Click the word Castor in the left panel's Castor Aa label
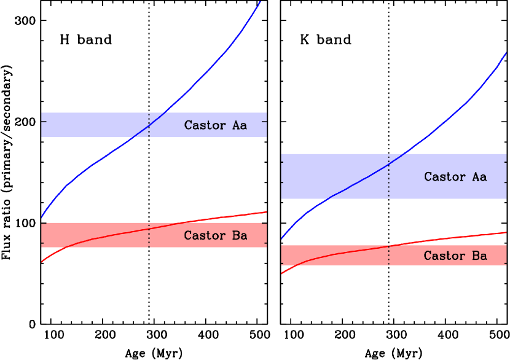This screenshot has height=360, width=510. coord(205,125)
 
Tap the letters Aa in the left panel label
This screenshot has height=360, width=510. coord(239,125)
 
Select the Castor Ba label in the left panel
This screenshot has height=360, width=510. coord(215,236)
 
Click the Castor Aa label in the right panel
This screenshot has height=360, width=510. coord(455,177)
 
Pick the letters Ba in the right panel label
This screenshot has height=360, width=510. coord(479,256)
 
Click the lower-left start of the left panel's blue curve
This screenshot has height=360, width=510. coord(42,217)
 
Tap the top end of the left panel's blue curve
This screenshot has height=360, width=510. coord(261,2)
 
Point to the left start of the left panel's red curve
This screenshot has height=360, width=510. coord(42,262)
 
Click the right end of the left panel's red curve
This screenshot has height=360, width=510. coord(266,212)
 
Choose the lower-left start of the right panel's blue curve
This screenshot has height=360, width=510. coord(282,238)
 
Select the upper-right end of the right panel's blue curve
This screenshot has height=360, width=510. coord(506,53)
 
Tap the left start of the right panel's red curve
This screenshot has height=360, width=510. coord(282,273)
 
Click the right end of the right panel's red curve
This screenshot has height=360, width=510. coord(506,232)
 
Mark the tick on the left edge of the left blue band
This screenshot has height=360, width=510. coord(44,122)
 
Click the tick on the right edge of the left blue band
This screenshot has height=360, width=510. coord(264,122)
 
